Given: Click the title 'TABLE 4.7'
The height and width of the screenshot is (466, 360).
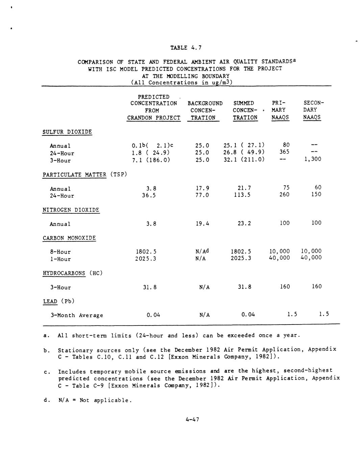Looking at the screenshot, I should pyautogui.click(x=186, y=48).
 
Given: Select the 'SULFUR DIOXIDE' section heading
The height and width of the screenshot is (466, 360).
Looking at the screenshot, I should pyautogui.click(x=67, y=132).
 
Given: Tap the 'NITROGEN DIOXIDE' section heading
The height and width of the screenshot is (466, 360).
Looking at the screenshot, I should pyautogui.click(x=71, y=210).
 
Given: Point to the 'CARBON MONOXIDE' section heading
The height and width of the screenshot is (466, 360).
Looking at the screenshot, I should pyautogui.click(x=69, y=238).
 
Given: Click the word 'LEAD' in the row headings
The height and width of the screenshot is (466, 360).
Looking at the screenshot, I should pyautogui.click(x=50, y=301).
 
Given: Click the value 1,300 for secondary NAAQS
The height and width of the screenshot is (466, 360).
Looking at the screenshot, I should pyautogui.click(x=312, y=159).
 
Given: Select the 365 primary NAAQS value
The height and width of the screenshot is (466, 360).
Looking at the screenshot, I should pyautogui.click(x=284, y=152).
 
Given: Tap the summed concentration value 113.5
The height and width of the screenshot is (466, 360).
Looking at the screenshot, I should pyautogui.click(x=242, y=195).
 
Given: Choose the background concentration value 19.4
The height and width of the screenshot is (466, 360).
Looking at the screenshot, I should pyautogui.click(x=202, y=223).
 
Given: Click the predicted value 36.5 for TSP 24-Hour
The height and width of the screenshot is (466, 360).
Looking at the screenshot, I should pyautogui.click(x=149, y=195).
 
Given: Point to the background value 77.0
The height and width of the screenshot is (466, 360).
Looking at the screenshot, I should pyautogui.click(x=202, y=195).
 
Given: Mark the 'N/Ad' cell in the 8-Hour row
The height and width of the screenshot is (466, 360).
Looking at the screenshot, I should pyautogui.click(x=202, y=251).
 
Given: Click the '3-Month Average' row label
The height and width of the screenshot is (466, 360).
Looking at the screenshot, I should pyautogui.click(x=77, y=315).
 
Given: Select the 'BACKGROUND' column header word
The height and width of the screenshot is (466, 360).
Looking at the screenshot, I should pyautogui.click(x=205, y=103).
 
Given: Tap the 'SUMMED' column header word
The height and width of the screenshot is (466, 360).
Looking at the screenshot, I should pyautogui.click(x=243, y=103).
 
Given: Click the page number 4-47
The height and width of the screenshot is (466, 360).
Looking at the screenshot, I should pyautogui.click(x=192, y=419).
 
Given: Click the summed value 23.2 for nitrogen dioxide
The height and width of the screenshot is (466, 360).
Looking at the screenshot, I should pyautogui.click(x=244, y=223).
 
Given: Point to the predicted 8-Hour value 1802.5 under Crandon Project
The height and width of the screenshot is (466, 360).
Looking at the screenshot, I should pyautogui.click(x=146, y=252).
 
